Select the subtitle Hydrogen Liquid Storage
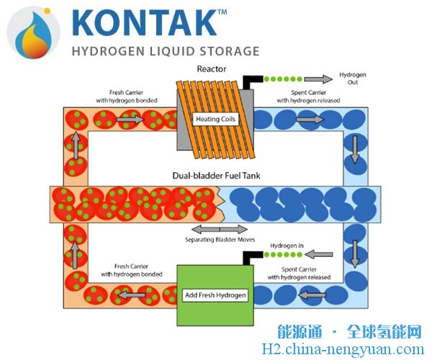(x=165, y=52)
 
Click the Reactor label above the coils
(x=211, y=69)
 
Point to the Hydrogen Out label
(x=353, y=78)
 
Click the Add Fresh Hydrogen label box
(x=216, y=296)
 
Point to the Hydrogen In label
(x=287, y=246)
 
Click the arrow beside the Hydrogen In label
(x=323, y=253)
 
